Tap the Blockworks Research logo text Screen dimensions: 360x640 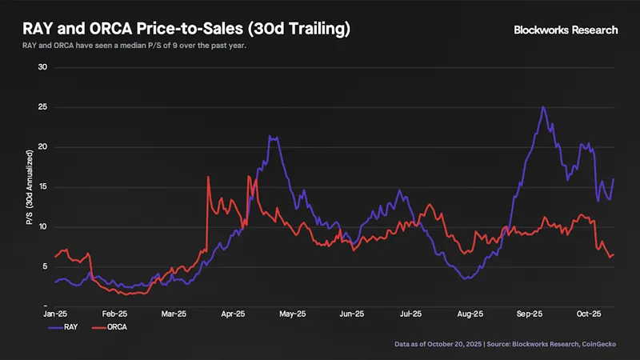(x=566, y=30)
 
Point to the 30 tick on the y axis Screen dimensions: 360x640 (x=43, y=67)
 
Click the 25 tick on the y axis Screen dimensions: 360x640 (x=43, y=107)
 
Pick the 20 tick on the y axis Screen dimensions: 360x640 (x=43, y=147)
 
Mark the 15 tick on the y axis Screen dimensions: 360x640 (x=43, y=187)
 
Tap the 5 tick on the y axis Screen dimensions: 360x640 (x=46, y=266)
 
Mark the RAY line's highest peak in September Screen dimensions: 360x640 (x=543, y=107)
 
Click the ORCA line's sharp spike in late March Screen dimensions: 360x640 (x=208, y=177)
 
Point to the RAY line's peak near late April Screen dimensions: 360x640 (x=271, y=137)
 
